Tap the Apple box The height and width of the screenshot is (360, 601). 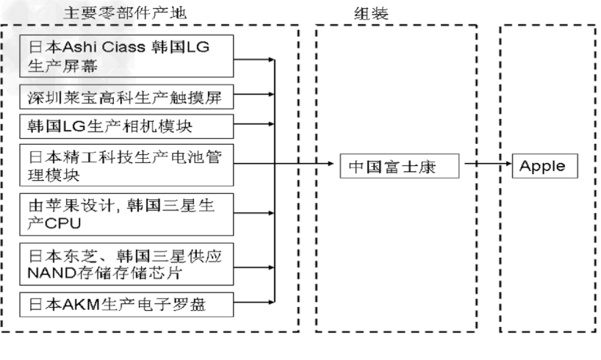point(544,166)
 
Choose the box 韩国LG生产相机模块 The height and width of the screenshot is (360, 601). point(127,125)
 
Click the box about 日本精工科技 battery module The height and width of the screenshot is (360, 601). point(127,165)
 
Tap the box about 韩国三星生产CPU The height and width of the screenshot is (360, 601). point(127,213)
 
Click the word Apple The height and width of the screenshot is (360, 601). point(543,166)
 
